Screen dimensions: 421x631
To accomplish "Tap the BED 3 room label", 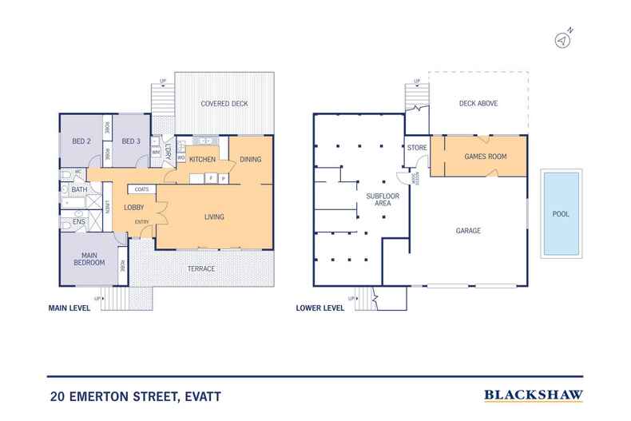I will point(131,141).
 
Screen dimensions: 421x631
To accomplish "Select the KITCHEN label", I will point(203,160).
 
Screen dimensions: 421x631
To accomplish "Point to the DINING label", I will point(251,160).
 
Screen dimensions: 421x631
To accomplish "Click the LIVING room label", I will point(214,216).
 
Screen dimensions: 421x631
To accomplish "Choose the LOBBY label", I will point(133,209).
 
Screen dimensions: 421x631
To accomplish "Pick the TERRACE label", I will point(200,268).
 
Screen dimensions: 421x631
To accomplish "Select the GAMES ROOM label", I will point(486,156).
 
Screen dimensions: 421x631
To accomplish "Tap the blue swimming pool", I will point(562,213).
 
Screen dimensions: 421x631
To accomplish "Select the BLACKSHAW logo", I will point(533,395).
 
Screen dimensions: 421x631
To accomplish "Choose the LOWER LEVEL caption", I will point(320,307).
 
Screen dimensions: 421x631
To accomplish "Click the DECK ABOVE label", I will point(478,103).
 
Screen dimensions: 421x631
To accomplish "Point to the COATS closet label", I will point(142,189).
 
